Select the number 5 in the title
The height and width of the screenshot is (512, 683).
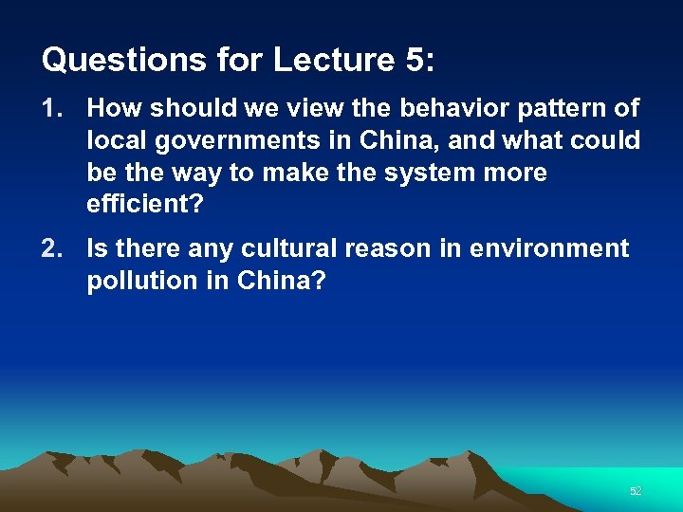(x=415, y=61)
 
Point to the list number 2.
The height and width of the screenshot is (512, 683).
(x=50, y=249)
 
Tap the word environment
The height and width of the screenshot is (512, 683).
(x=549, y=249)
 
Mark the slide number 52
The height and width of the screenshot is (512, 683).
(x=636, y=491)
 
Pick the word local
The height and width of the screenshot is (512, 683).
(x=115, y=141)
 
